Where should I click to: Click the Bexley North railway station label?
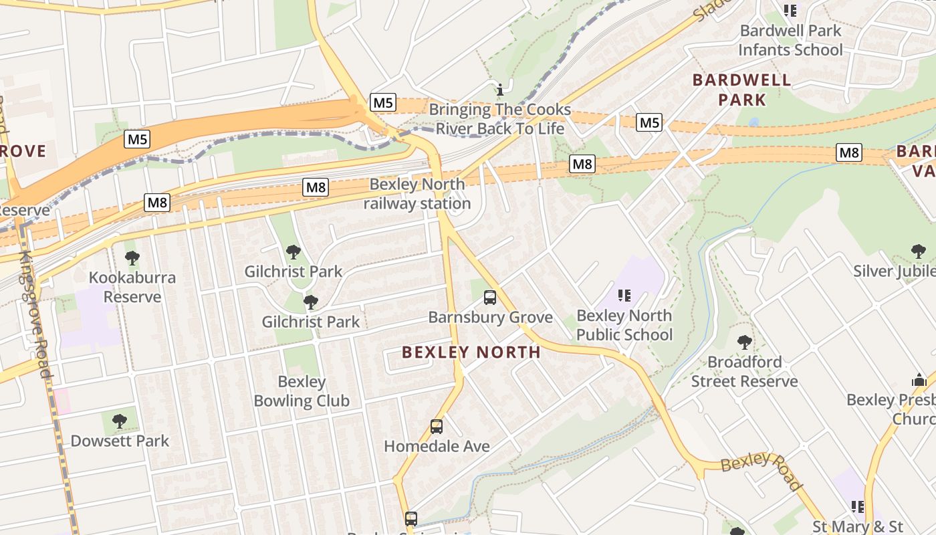pos(417,194)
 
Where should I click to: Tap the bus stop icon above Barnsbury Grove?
pos(490,298)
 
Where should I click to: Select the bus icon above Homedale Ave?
pos(437,426)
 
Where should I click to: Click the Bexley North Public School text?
pos(624,325)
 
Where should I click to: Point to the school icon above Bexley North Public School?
pos(624,295)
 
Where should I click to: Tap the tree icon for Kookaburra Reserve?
pos(132,257)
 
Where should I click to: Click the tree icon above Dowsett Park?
pos(120,421)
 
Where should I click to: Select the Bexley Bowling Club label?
pos(302,391)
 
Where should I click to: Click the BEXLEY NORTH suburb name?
pos(471,352)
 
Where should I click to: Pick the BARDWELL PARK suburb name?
pos(741,90)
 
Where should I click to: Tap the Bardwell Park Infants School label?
pos(790,40)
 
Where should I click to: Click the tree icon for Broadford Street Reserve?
pos(744,342)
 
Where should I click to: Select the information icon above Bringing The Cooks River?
pos(499,90)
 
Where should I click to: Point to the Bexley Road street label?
pos(762,470)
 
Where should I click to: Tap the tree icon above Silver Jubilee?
pos(919,251)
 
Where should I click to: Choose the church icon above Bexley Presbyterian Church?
pos(919,380)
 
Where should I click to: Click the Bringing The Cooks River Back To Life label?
pos(500,119)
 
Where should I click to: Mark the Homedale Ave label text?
pos(437,446)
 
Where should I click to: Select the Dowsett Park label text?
pos(120,441)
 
